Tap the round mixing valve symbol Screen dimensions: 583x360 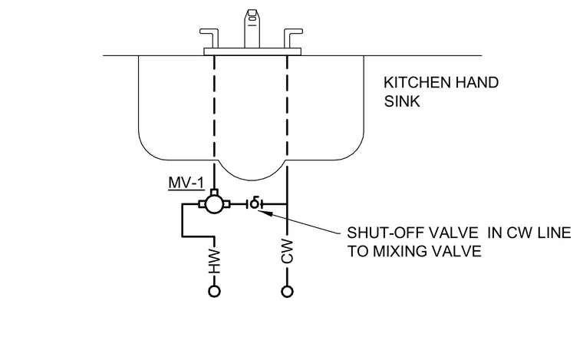pos(214,204)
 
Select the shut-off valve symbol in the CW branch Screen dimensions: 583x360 pos(255,203)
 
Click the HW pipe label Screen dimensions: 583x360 pos(214,261)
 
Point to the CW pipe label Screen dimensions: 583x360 pos(287,252)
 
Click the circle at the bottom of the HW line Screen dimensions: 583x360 pos(214,291)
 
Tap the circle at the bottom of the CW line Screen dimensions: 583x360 pos(287,291)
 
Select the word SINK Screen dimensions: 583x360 pos(402,101)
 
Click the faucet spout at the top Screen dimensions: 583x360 pos(252,28)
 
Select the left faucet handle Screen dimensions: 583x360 pos(209,38)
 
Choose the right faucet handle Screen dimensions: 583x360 pos(293,38)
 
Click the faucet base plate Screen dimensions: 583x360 pos(252,51)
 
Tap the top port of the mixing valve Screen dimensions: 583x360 pos(214,192)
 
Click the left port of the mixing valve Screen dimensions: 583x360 pos(202,204)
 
